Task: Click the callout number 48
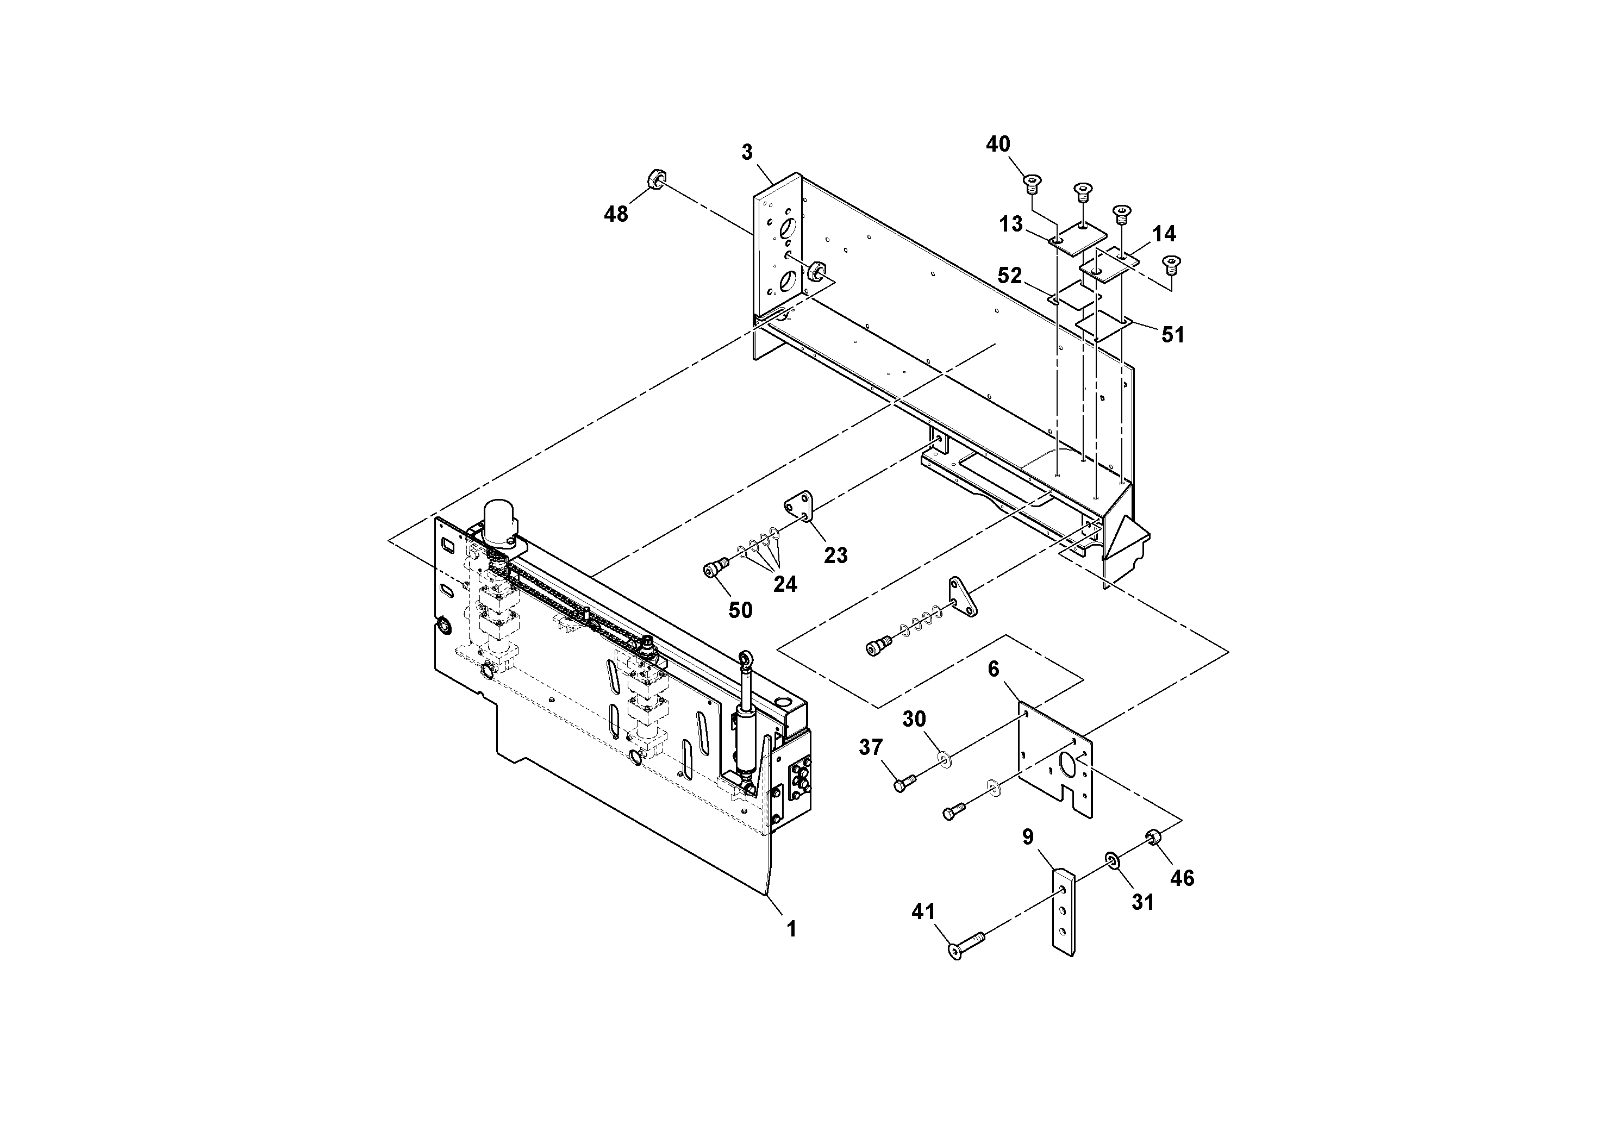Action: click(x=615, y=214)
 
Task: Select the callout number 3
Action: click(x=747, y=152)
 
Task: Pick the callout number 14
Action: click(x=1164, y=233)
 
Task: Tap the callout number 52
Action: click(x=1009, y=276)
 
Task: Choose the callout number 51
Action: click(x=1173, y=335)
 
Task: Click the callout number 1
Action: click(x=791, y=929)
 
